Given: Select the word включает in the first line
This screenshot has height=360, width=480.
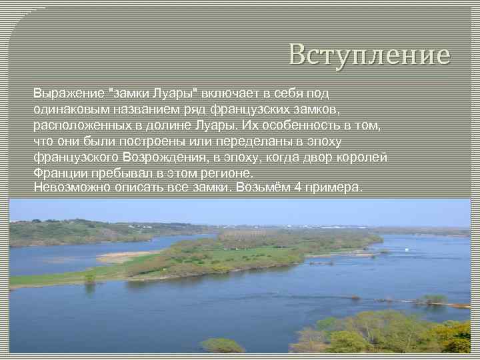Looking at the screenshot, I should [x=230, y=93].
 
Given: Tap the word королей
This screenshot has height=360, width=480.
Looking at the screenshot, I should [x=363, y=157].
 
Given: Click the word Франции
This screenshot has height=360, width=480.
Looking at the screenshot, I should [x=58, y=173].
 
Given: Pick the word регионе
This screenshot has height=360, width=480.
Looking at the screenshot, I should [x=229, y=173].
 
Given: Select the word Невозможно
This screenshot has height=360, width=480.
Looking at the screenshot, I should [x=69, y=187].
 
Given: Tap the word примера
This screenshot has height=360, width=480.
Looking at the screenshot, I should [x=338, y=187].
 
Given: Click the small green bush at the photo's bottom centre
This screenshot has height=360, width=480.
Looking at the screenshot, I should [x=222, y=345].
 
